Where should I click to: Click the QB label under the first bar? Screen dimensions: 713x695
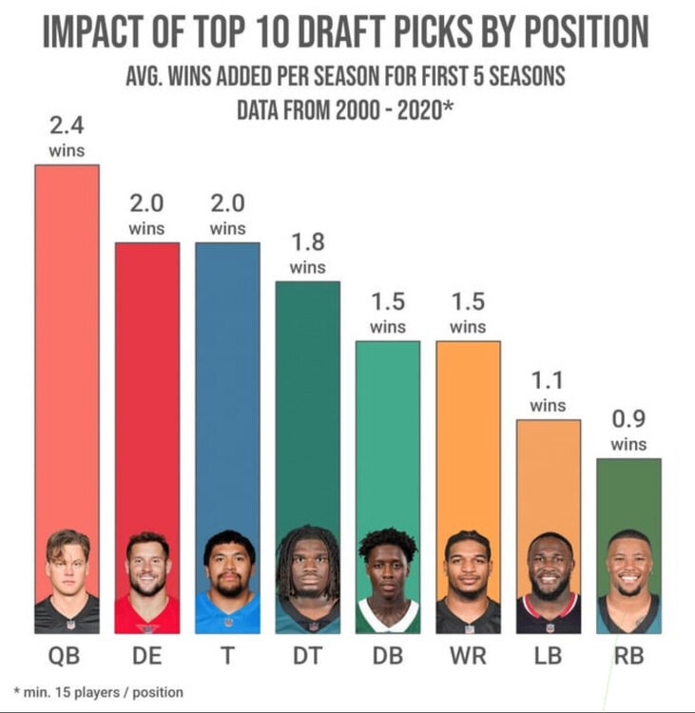pyautogui.click(x=67, y=656)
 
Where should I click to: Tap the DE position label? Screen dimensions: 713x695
pyautogui.click(x=147, y=656)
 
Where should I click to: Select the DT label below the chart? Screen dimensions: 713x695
pyautogui.click(x=307, y=656)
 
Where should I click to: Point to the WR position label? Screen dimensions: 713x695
pyautogui.click(x=468, y=656)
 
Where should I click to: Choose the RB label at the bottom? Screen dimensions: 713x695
pyautogui.click(x=628, y=656)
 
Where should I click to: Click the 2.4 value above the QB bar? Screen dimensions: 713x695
pyautogui.click(x=67, y=125)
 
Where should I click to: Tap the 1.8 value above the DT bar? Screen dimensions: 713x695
pyautogui.click(x=307, y=241)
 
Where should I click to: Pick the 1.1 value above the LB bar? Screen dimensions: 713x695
pyautogui.click(x=548, y=380)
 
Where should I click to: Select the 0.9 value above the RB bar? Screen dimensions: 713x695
pyautogui.click(x=628, y=419)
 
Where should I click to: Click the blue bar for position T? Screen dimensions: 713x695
pyautogui.click(x=227, y=380)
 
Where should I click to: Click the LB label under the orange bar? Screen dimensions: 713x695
pyautogui.click(x=548, y=656)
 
